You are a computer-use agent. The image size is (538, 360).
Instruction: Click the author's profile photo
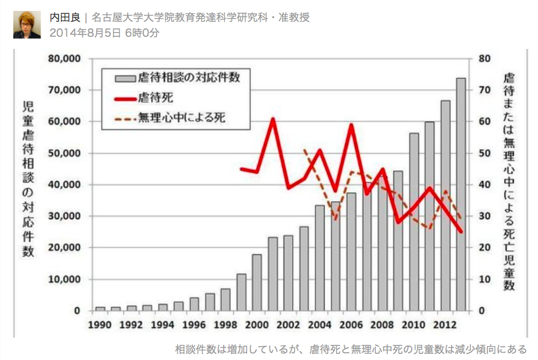27,25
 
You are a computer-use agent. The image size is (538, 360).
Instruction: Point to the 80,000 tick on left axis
64,59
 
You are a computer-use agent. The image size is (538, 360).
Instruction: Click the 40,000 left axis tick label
64,185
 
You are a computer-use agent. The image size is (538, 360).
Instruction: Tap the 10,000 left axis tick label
64,280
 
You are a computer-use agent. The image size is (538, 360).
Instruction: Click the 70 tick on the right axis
483,90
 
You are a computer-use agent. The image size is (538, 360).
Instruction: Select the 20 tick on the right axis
483,248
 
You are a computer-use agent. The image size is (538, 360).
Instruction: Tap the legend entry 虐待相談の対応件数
193,77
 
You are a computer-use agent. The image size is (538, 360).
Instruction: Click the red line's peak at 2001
273,119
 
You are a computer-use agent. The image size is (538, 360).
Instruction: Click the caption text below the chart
351,349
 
